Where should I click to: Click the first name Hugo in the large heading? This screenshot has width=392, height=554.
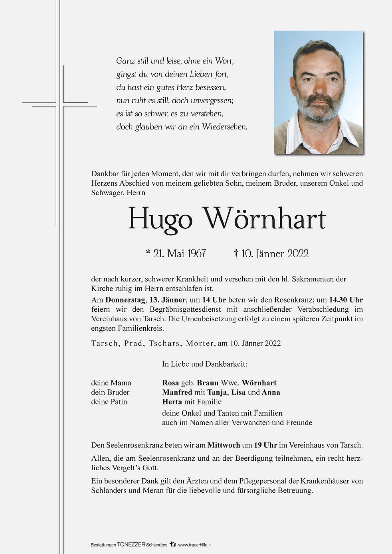pyautogui.click(x=160, y=219)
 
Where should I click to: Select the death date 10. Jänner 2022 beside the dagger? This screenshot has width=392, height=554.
pyautogui.click(x=275, y=253)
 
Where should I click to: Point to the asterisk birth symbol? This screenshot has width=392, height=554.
pyautogui.click(x=148, y=252)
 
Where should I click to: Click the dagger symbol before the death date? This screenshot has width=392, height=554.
pyautogui.click(x=236, y=253)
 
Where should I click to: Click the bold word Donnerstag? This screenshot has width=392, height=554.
pyautogui.click(x=125, y=300)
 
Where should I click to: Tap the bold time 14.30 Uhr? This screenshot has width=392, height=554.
pyautogui.click(x=346, y=300)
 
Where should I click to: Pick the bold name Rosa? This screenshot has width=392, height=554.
pyautogui.click(x=170, y=383)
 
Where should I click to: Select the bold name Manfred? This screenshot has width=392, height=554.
pyautogui.click(x=177, y=392)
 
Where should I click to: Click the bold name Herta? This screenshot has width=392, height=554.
pyautogui.click(x=172, y=402)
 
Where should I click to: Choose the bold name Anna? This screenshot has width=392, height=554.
pyautogui.click(x=271, y=392)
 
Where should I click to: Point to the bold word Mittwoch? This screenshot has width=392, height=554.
pyautogui.click(x=224, y=445)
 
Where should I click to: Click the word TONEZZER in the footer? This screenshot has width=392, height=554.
pyautogui.click(x=131, y=545)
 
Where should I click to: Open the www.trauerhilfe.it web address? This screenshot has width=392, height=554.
pyautogui.click(x=194, y=545)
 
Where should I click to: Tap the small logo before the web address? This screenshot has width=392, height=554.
pyautogui.click(x=172, y=544)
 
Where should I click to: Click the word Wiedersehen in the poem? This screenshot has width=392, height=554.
pyautogui.click(x=224, y=127)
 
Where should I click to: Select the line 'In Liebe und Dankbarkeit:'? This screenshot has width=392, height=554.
pyautogui.click(x=204, y=364)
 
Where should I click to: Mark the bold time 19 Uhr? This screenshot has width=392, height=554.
pyautogui.click(x=265, y=445)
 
